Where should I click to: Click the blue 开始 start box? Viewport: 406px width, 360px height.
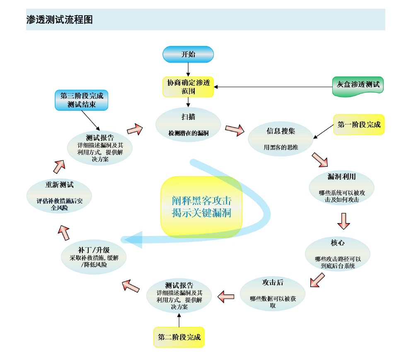click(x=188, y=54)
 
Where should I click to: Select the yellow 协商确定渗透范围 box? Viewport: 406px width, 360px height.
click(x=188, y=87)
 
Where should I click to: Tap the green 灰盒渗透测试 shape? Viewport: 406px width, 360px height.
click(x=358, y=85)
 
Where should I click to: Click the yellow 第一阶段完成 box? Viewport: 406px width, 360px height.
click(x=359, y=124)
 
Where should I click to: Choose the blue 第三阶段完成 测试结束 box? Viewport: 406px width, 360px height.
click(x=82, y=100)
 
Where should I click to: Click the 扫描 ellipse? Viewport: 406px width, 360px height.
click(x=188, y=124)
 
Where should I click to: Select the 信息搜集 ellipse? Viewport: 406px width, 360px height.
click(x=280, y=139)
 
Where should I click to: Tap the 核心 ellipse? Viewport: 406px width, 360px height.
click(x=337, y=253)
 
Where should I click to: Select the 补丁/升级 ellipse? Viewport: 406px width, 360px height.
click(x=94, y=257)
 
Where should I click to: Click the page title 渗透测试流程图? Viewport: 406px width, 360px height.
click(x=59, y=19)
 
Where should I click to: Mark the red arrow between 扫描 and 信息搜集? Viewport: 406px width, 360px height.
click(x=234, y=130)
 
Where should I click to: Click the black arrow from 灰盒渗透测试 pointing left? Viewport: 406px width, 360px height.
click(x=273, y=87)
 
